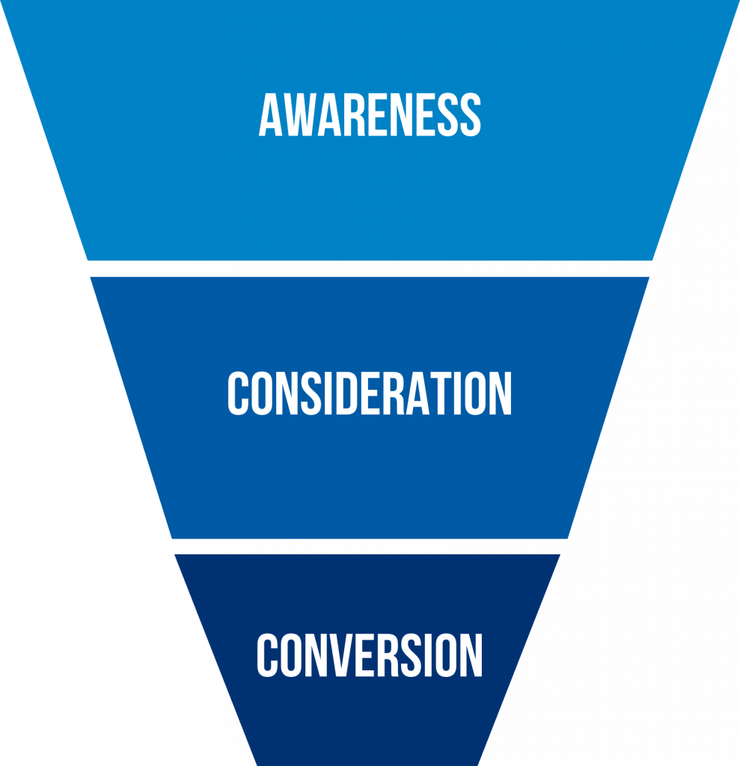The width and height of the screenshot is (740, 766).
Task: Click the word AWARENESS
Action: [x=370, y=115]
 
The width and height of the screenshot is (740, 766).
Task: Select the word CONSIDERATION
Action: [x=370, y=393]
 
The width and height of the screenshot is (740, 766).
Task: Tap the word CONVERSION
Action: [x=370, y=655]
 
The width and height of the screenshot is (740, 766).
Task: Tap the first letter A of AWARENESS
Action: [x=271, y=115]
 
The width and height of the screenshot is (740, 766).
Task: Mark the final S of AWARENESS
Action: [x=469, y=115]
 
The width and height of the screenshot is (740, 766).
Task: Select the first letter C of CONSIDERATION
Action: [x=238, y=393]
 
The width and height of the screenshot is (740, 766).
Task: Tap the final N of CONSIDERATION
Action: [x=501, y=393]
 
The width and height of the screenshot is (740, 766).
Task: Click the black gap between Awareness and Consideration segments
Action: [x=370, y=269]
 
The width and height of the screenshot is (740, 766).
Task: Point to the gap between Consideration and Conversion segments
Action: [x=370, y=547]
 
